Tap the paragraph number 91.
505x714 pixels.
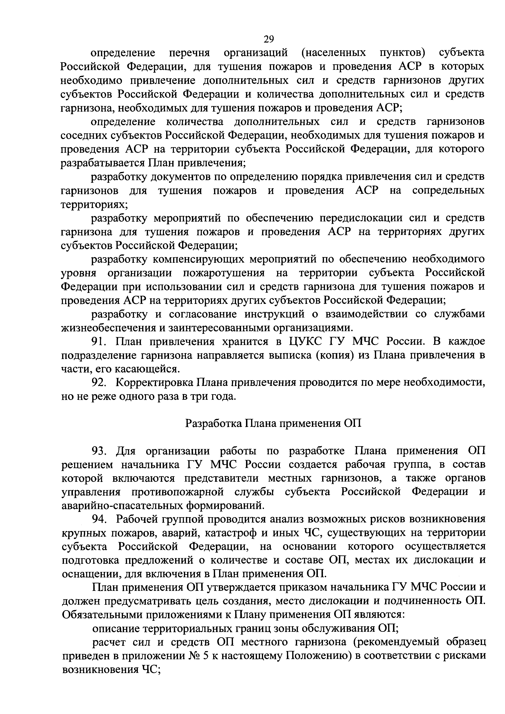[99, 342]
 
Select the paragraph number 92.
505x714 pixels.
[99, 383]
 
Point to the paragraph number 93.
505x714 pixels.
[100, 451]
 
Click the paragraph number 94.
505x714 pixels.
[100, 519]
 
